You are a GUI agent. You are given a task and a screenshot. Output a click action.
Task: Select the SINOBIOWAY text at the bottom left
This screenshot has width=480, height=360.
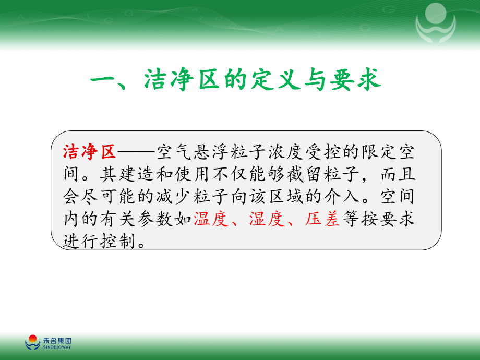point(56,346)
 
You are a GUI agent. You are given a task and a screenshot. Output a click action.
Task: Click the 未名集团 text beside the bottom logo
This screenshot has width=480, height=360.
point(56,340)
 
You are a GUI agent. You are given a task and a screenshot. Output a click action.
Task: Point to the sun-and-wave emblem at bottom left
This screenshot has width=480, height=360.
point(32,342)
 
